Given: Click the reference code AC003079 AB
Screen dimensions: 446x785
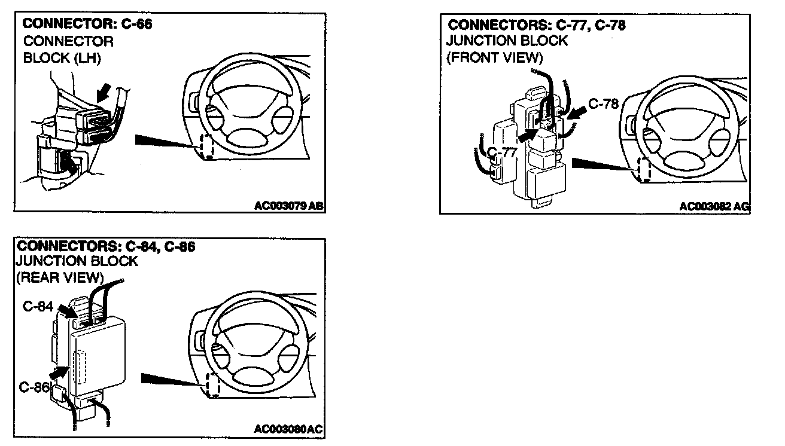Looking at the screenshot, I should point(289,206).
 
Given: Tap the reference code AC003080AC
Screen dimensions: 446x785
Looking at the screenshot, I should point(288,429).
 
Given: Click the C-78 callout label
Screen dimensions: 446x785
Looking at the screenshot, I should point(603,103).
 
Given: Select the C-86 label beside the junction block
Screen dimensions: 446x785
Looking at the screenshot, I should point(34,386).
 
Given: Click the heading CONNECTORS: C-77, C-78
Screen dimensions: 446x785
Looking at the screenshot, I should point(537,25).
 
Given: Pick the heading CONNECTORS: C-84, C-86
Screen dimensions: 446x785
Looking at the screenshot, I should point(107,246).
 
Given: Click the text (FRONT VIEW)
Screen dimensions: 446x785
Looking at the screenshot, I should point(494,57).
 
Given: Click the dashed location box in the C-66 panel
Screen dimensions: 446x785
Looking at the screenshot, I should point(208,146).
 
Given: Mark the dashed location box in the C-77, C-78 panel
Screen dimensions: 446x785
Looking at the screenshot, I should point(644,170).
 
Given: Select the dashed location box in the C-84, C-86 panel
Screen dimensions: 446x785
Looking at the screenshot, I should point(213,384).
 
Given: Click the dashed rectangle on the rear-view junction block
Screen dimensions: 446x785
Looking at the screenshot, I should point(79,368).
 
